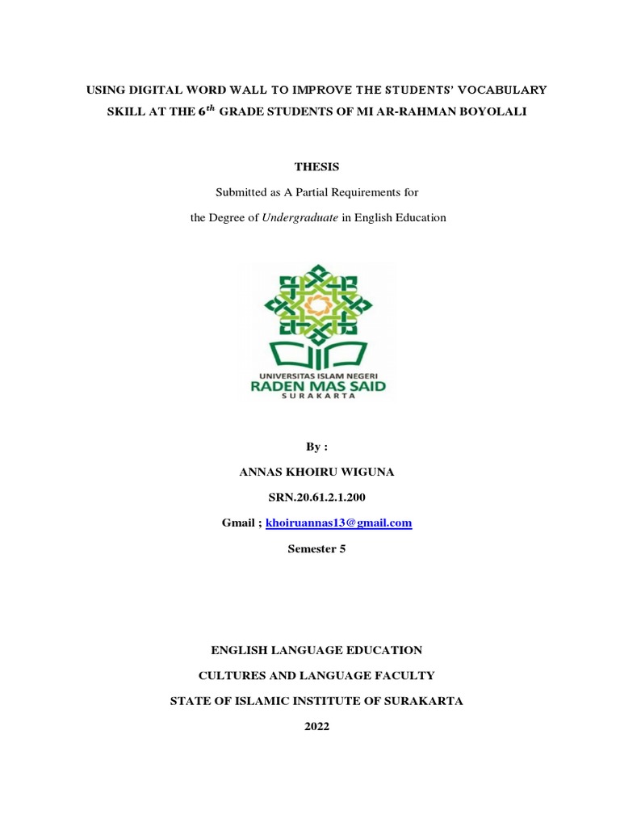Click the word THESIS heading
pyautogui.click(x=316, y=167)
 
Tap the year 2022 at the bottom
pyautogui.click(x=316, y=726)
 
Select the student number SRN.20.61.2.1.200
pyautogui.click(x=316, y=497)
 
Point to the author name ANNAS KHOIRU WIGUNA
pyautogui.click(x=316, y=472)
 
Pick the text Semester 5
pyautogui.click(x=316, y=548)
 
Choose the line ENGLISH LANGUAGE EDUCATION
pyautogui.click(x=316, y=649)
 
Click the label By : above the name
pyautogui.click(x=316, y=447)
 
